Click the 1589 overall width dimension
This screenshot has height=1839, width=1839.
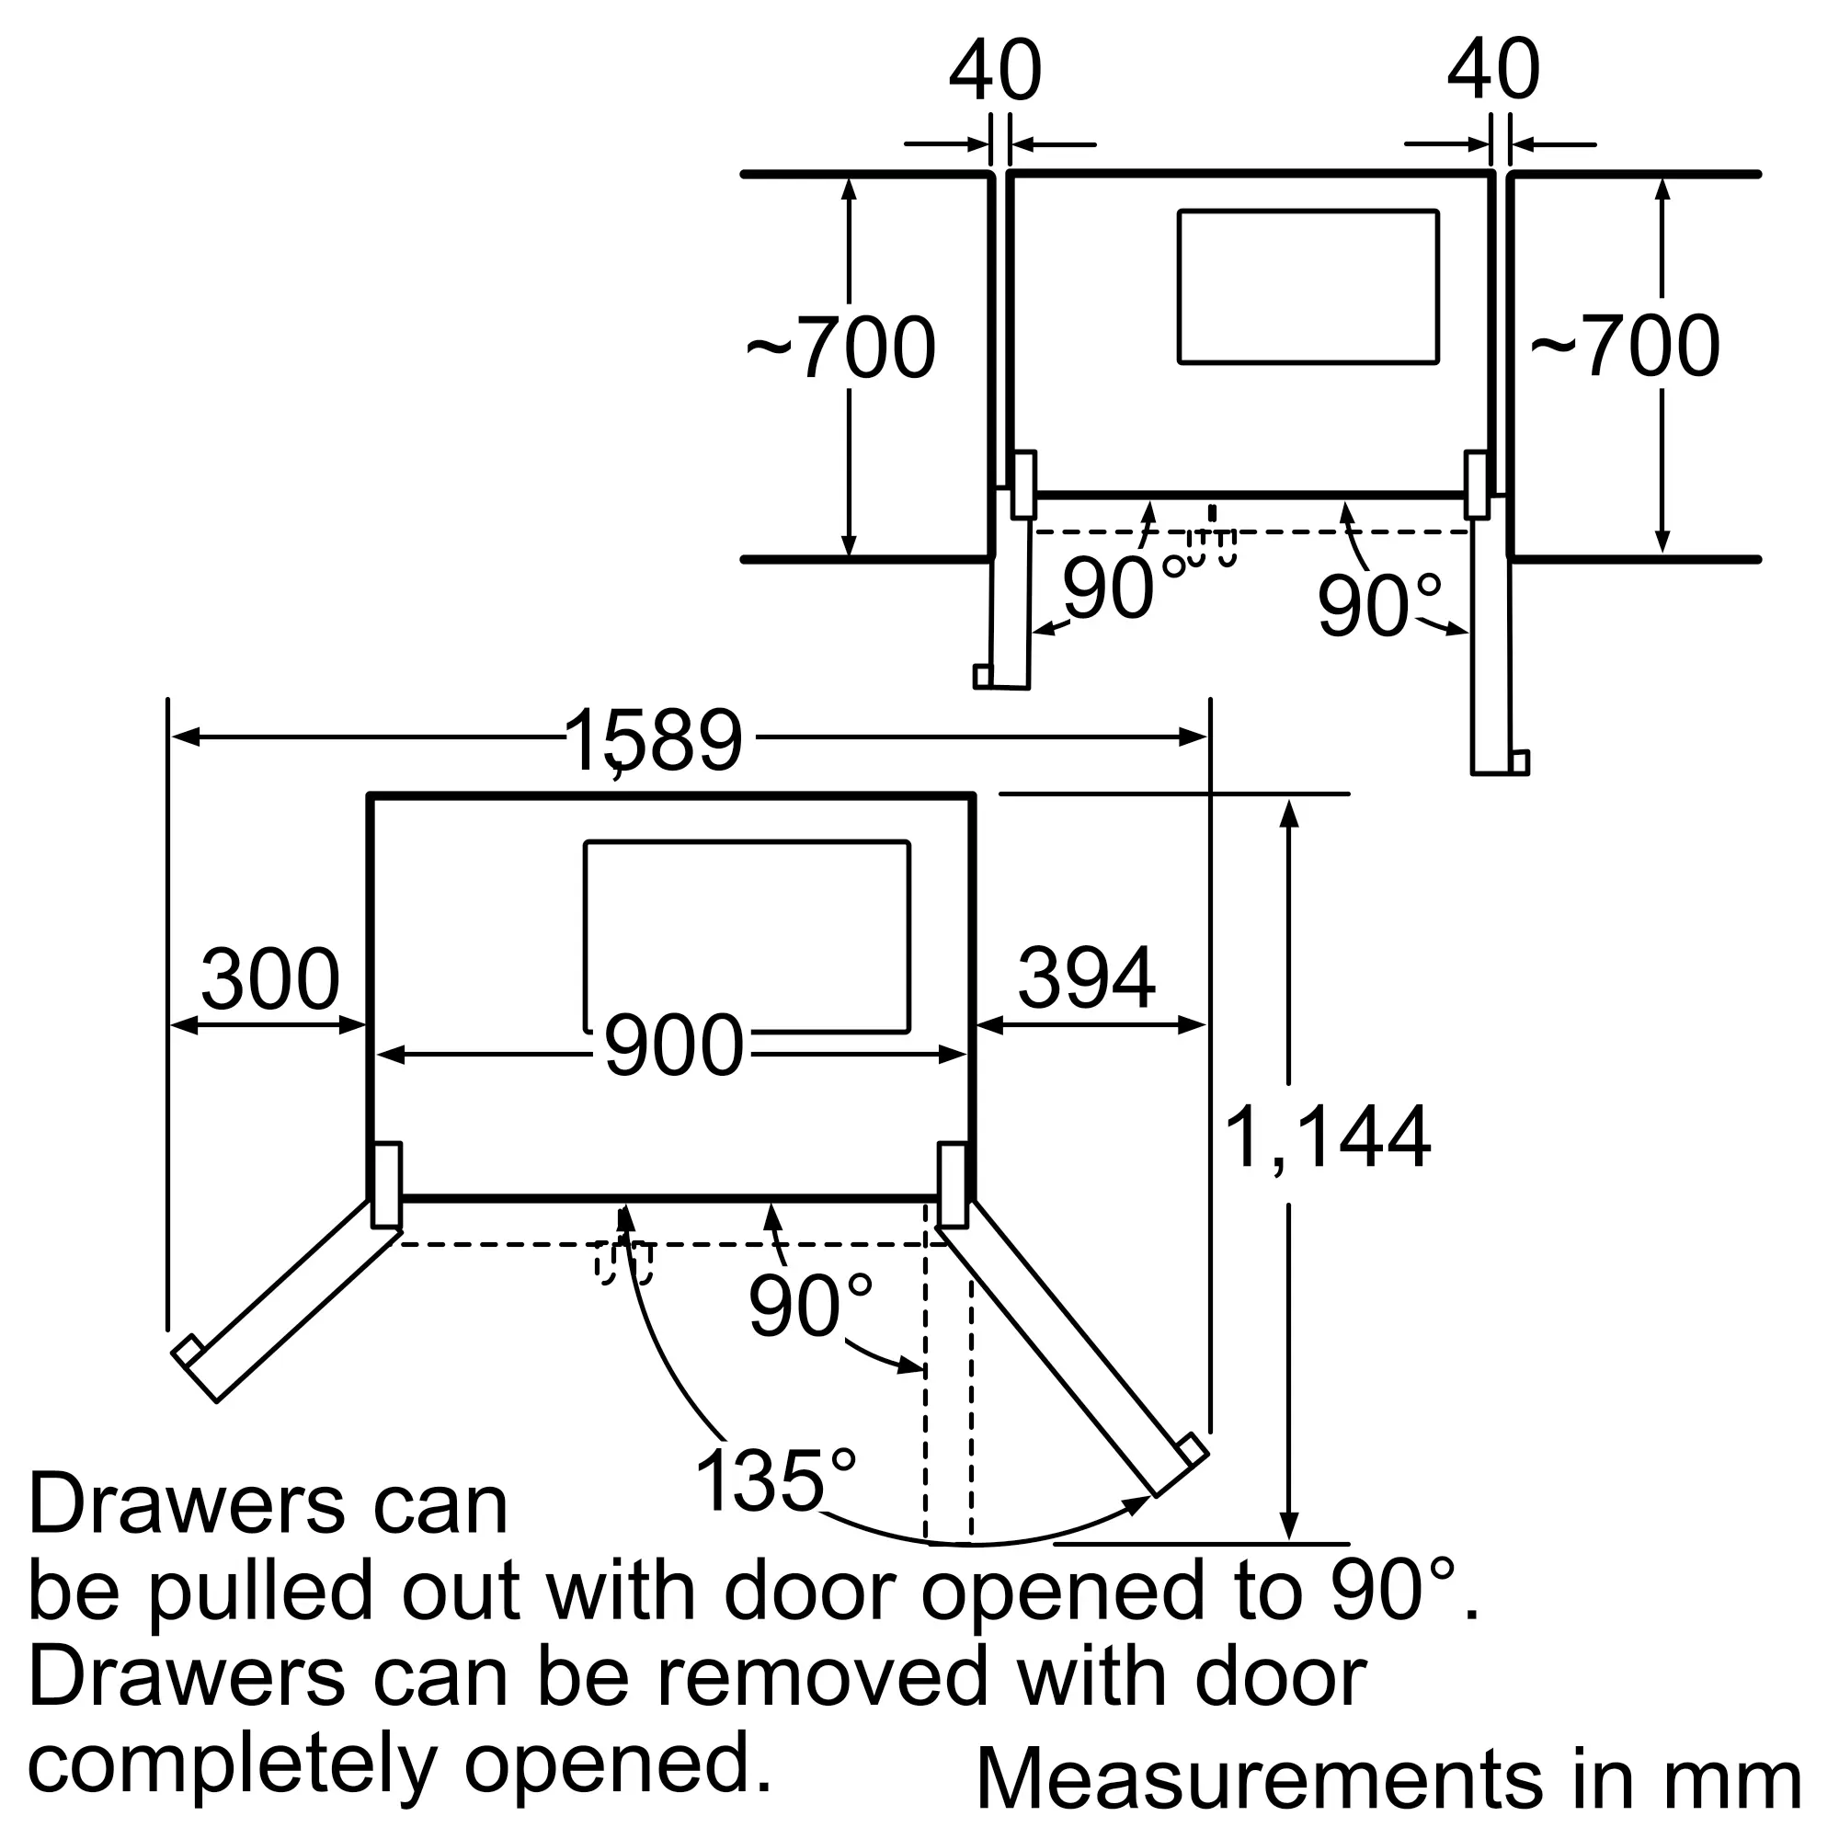pos(653,741)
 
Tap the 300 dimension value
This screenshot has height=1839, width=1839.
pos(270,979)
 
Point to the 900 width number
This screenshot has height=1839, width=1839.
pos(673,1045)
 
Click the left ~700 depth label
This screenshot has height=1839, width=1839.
pos(840,348)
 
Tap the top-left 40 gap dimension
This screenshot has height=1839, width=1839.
pos(996,71)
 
